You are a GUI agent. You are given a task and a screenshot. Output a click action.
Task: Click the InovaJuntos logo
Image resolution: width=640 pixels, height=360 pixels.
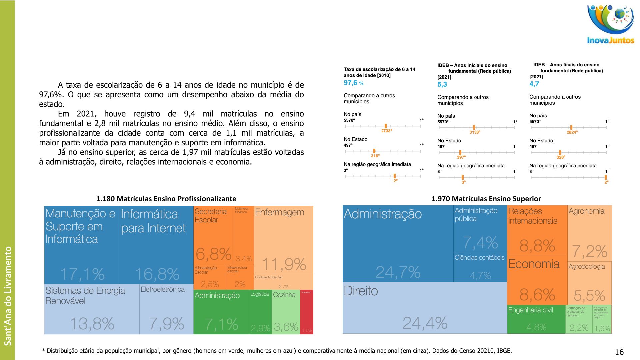coord(610,25)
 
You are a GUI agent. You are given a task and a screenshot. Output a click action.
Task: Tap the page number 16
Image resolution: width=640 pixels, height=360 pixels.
coord(619,352)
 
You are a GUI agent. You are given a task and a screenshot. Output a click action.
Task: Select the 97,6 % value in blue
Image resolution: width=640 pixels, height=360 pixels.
coord(353,83)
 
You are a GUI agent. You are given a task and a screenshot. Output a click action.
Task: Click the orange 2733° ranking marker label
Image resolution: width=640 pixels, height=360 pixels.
coord(386,131)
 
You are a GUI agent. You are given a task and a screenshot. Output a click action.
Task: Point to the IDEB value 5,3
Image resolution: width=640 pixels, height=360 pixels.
coord(442,85)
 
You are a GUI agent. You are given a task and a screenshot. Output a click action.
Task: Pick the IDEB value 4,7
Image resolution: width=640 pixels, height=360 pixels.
coord(534,84)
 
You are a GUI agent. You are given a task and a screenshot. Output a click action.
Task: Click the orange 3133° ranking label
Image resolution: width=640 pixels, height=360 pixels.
coord(475,132)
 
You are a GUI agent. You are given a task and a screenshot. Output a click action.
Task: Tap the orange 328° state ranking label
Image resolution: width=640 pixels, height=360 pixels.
coord(561,157)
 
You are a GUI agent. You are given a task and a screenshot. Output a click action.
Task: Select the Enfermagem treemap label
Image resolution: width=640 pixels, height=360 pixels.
coord(279,212)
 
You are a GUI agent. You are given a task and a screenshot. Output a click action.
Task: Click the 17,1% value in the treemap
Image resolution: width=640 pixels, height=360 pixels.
coord(82,274)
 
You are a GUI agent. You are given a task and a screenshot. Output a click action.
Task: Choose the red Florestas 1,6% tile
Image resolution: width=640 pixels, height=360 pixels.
coord(307,312)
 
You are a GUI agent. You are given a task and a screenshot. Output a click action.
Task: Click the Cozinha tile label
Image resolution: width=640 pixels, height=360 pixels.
coord(284,295)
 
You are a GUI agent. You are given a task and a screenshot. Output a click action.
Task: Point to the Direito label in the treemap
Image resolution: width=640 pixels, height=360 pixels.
coord(361,291)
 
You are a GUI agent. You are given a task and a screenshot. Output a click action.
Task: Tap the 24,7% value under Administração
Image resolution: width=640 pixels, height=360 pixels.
coord(398,272)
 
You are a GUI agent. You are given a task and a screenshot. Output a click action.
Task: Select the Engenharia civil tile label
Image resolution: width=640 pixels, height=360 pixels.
coord(530,310)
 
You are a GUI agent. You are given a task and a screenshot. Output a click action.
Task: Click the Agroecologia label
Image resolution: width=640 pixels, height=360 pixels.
coord(586,266)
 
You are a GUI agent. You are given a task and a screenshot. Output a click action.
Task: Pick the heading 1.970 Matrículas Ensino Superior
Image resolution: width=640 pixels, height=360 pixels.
coord(486,199)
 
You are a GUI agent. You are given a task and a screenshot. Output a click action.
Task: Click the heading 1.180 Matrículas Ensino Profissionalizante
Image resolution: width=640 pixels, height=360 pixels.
coord(166,199)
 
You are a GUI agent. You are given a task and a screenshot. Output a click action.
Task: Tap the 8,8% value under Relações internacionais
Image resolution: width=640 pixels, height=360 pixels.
coord(537,246)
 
